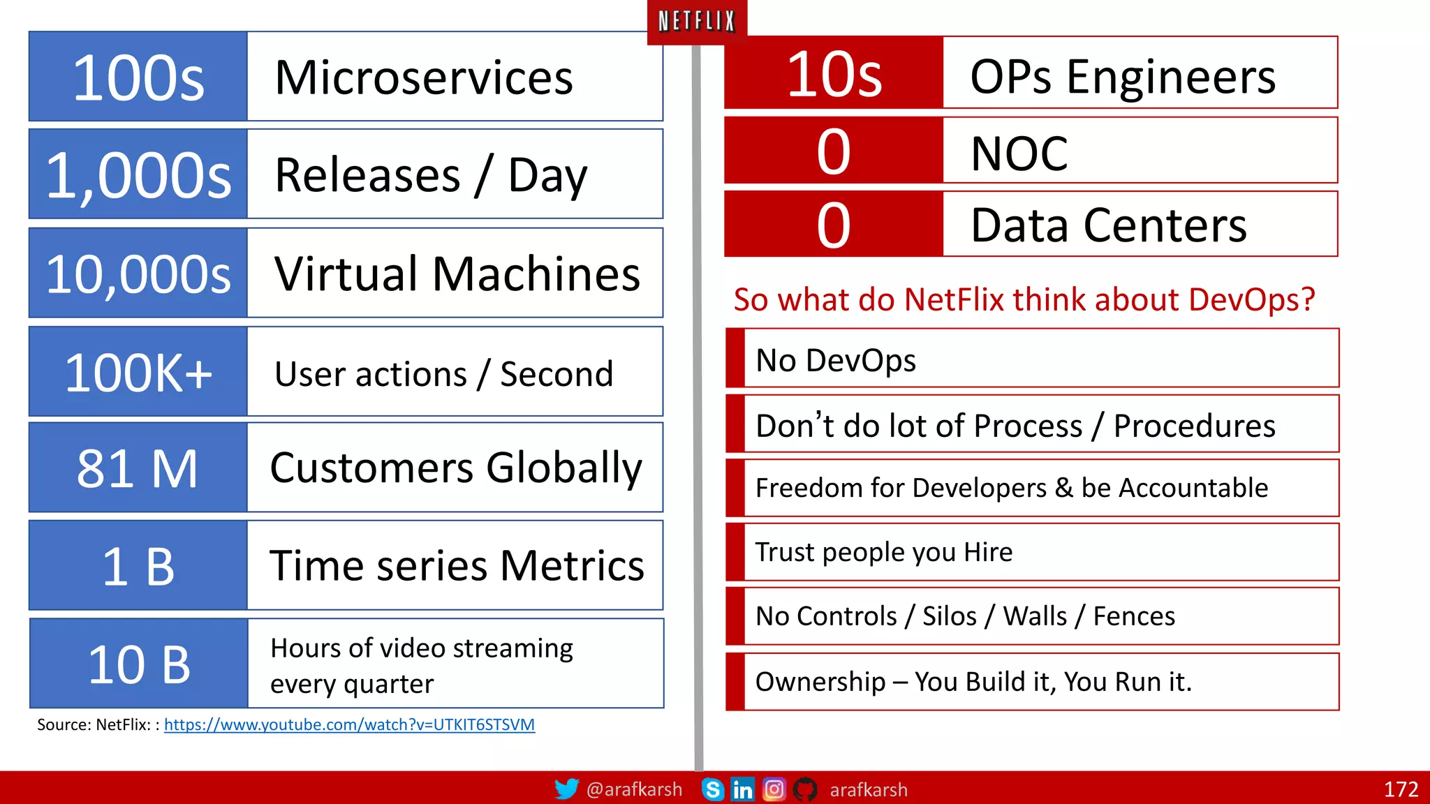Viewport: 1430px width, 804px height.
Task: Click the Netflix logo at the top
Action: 697,22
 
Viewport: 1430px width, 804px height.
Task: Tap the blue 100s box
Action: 138,77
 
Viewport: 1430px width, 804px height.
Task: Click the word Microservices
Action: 424,77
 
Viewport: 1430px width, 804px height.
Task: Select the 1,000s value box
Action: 138,174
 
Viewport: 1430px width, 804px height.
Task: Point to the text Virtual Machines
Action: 457,274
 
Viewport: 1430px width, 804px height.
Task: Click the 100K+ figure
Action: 138,373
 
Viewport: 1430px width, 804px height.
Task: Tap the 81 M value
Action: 138,468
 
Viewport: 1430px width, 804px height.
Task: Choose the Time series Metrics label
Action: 457,565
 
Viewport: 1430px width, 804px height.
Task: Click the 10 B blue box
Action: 138,664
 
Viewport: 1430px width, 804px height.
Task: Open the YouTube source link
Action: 349,724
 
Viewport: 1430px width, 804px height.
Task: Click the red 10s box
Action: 834,73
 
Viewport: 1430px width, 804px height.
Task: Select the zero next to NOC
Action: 834,151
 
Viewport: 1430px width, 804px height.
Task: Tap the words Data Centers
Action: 1108,225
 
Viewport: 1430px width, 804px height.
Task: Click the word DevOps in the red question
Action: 1251,299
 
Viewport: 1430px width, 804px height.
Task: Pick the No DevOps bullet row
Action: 1032,359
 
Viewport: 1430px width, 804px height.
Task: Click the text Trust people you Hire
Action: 883,552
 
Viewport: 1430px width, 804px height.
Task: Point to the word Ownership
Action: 820,682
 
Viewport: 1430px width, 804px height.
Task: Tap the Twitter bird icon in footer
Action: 566,789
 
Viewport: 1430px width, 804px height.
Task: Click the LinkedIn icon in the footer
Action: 742,789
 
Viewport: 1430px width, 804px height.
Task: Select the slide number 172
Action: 1401,789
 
